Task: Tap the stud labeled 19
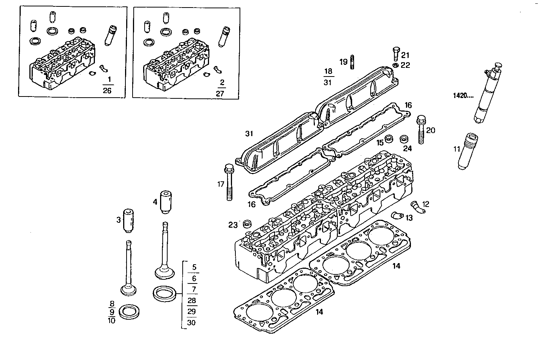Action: [353, 62]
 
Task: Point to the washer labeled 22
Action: [395, 66]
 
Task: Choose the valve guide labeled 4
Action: [165, 202]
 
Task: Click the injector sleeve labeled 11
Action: [467, 151]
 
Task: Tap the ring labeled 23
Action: [248, 224]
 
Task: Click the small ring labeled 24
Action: [405, 138]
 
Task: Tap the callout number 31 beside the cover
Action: [249, 133]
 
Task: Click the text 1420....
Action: [463, 95]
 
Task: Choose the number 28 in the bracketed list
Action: [192, 300]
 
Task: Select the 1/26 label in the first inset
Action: [107, 85]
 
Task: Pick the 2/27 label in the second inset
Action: [220, 88]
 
